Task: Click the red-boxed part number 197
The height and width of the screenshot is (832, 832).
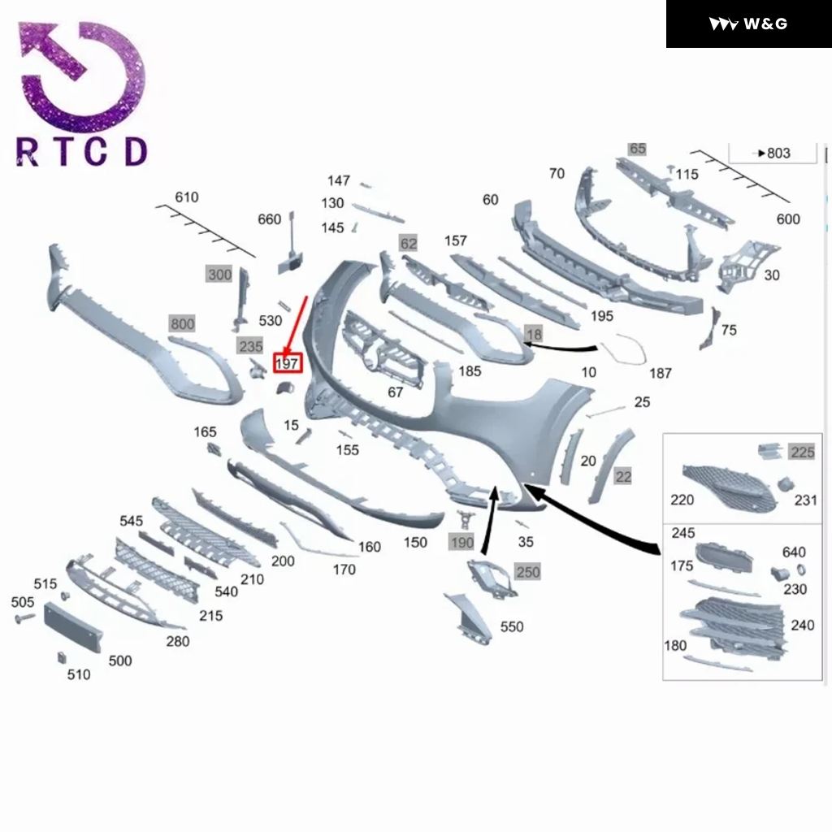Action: pos(288,362)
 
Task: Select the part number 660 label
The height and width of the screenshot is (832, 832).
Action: pos(269,219)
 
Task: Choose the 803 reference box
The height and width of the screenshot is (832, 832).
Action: pos(773,153)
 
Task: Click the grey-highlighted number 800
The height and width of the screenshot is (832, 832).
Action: pos(182,324)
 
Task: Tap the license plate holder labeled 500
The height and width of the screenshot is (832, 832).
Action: pos(74,627)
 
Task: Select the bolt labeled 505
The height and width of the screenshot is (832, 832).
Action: pos(23,618)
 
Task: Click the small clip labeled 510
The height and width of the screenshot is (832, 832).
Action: pos(62,656)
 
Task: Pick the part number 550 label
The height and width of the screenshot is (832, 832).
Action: pos(512,626)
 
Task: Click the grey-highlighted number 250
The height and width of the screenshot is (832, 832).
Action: pos(528,572)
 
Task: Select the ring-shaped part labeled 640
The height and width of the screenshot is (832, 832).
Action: pos(800,569)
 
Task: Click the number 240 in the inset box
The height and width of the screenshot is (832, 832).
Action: pos(802,625)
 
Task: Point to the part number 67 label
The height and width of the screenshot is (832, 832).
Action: pos(396,392)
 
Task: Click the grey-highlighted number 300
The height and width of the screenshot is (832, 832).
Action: pos(219,275)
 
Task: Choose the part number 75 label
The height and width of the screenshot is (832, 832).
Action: pos(729,330)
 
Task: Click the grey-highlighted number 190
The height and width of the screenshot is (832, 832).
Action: pos(461,542)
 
